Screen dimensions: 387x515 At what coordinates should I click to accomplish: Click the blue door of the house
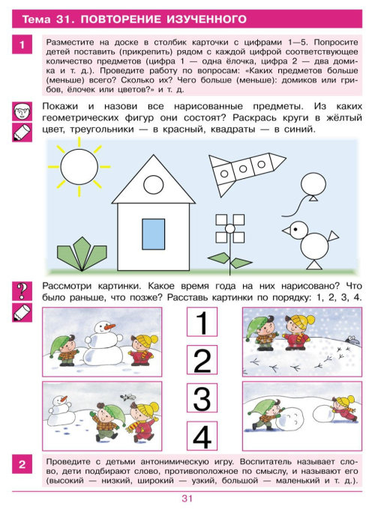tap(153, 234)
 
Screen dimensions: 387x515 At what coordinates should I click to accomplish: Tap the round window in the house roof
tap(154, 184)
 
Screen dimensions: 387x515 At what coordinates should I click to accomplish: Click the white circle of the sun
tap(79, 166)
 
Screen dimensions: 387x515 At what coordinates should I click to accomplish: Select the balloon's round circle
tap(313, 184)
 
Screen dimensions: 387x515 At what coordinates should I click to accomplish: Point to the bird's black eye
tap(295, 228)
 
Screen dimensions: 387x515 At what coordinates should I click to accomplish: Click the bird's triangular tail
tap(333, 236)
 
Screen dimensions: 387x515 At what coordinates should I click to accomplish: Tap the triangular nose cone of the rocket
tap(278, 161)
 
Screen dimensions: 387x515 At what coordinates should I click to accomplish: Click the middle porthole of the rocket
tap(243, 169)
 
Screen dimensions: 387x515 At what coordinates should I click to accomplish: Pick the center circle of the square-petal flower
tap(229, 228)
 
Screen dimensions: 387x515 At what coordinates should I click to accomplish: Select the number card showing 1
tap(202, 322)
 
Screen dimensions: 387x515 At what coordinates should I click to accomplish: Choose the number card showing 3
tap(202, 398)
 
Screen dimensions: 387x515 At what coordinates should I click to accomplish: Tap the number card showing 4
tap(202, 436)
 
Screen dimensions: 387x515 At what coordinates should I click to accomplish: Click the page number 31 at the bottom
tap(187, 499)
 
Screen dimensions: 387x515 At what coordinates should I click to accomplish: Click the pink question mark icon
tap(22, 291)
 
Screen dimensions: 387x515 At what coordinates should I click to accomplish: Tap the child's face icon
tap(22, 112)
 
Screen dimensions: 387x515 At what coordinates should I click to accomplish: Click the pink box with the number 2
tap(22, 464)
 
